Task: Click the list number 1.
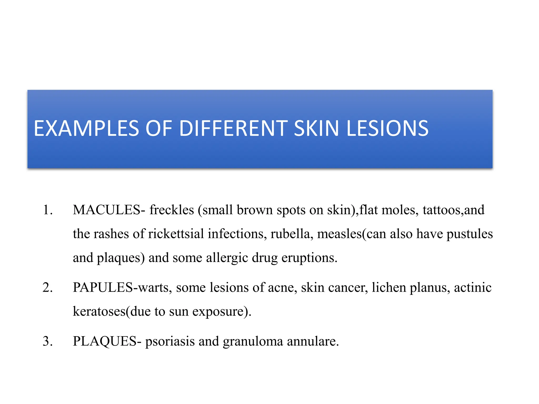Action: click(47, 210)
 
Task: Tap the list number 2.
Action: click(47, 287)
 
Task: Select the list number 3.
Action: click(47, 341)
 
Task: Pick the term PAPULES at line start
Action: click(103, 287)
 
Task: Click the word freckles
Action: click(172, 210)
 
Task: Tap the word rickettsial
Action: click(176, 234)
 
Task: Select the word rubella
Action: click(290, 234)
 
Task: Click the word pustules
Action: click(470, 234)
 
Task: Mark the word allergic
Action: click(227, 258)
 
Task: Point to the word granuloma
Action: click(253, 342)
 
